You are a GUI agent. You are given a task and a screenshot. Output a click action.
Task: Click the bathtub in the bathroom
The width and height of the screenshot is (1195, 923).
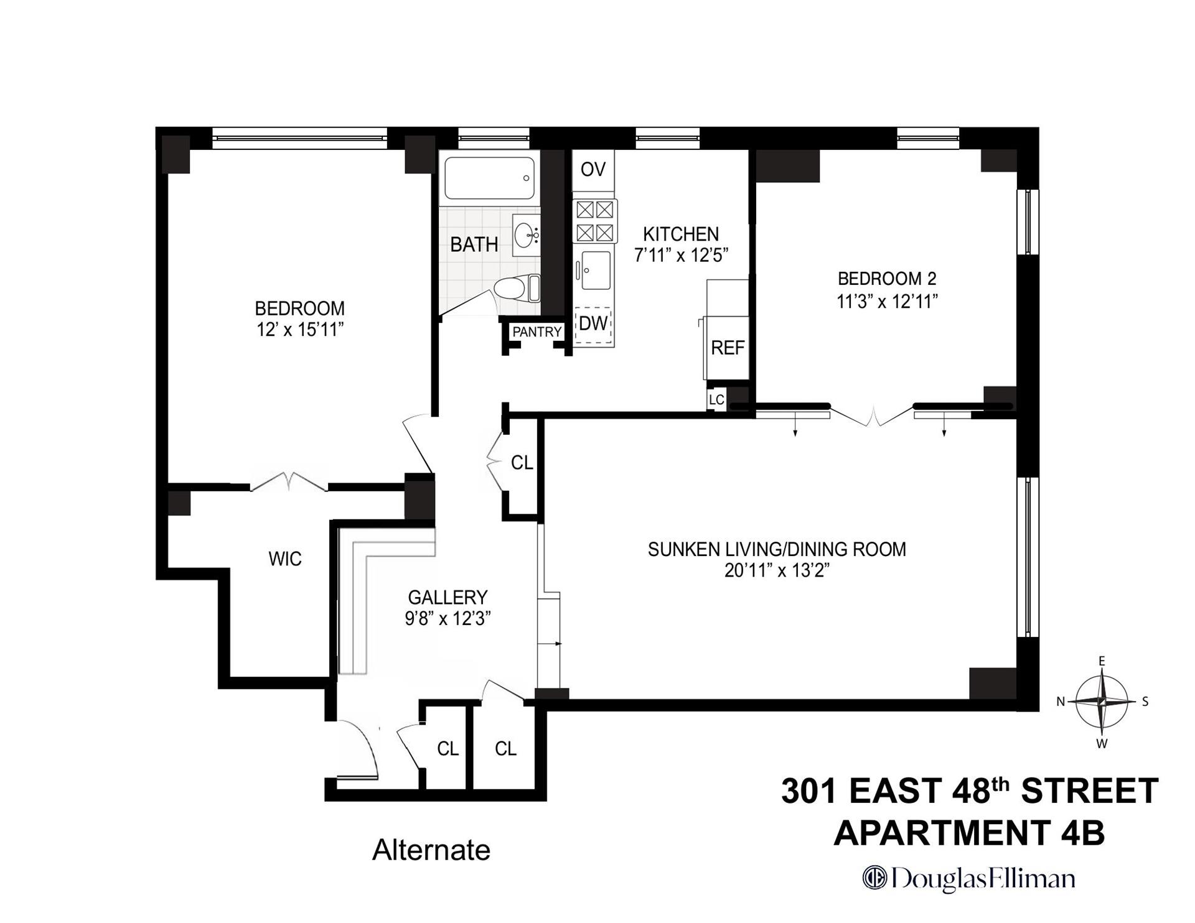coord(489,178)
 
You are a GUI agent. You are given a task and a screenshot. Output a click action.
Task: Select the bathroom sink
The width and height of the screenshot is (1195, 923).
coord(526,235)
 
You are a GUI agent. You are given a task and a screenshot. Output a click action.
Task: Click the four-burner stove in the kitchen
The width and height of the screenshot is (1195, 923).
coord(594,221)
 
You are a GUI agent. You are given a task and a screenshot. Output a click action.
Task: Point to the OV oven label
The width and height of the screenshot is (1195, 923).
coord(593,169)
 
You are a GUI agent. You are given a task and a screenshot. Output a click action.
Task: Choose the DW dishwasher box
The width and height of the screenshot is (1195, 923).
coord(593,324)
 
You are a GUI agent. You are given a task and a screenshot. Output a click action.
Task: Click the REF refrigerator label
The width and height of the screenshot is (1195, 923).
coord(728,348)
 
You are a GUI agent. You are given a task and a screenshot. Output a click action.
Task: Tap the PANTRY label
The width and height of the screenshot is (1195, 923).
coord(537,332)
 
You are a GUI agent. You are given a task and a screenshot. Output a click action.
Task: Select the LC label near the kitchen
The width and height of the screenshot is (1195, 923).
coord(716,399)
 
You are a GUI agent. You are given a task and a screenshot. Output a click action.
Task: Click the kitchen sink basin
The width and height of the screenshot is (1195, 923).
coord(596,270)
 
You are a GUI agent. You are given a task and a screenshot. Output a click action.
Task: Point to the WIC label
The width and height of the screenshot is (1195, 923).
coord(285,559)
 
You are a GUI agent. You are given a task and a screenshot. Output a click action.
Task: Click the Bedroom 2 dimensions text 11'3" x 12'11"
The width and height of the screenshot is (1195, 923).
coord(887,302)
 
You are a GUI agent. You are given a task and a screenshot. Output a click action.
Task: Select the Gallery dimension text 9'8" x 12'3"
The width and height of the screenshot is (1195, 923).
coord(448,619)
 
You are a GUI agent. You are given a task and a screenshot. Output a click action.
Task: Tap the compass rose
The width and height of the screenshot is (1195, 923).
coord(1102,702)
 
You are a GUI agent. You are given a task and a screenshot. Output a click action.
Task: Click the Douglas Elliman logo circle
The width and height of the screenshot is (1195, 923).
coord(874,878)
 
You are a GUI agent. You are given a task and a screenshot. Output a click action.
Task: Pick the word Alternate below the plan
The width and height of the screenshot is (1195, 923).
coord(431,850)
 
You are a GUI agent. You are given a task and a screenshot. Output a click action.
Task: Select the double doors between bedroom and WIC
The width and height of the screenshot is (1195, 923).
coord(289,482)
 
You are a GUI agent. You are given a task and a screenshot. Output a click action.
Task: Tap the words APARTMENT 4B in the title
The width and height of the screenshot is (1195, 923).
coord(969,833)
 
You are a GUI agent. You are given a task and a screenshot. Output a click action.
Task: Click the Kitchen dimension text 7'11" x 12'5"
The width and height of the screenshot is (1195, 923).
coord(681,256)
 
